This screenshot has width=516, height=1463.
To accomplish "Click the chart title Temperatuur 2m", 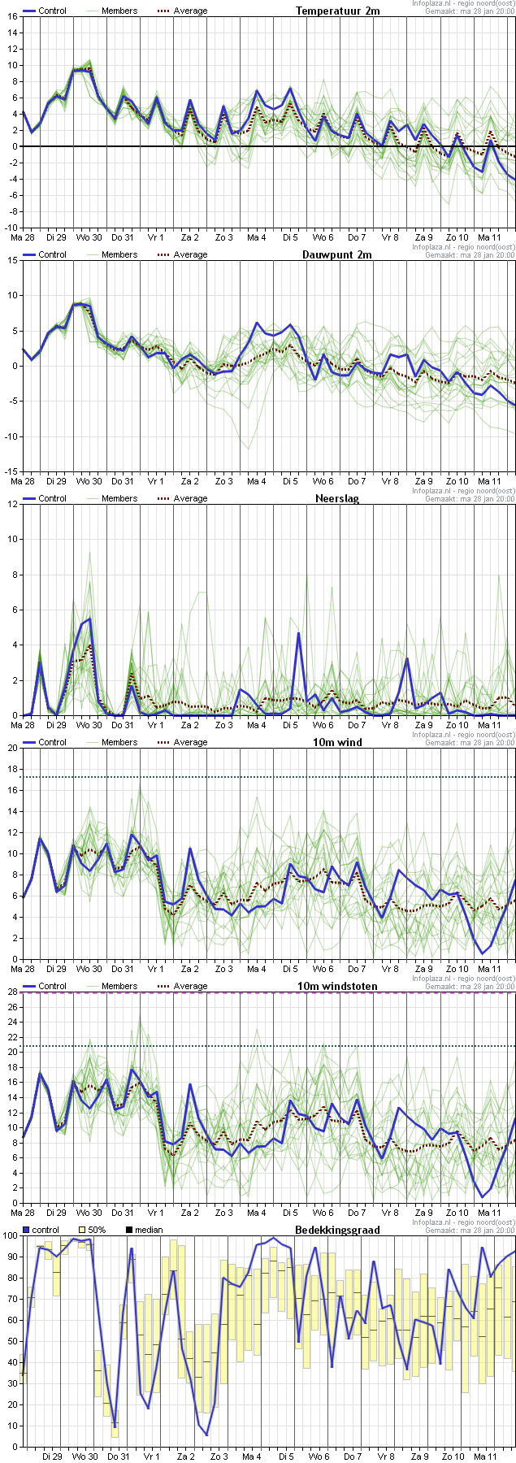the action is pyautogui.click(x=337, y=11).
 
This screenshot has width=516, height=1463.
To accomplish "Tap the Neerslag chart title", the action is pyautogui.click(x=337, y=498).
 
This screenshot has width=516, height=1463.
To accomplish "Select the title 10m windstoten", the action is pyautogui.click(x=345, y=986).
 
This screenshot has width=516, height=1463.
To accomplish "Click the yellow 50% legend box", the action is pyautogui.click(x=81, y=1230).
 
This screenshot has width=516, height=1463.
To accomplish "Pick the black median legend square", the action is pyautogui.click(x=129, y=1230).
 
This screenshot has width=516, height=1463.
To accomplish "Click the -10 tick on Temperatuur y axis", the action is pyautogui.click(x=10, y=228).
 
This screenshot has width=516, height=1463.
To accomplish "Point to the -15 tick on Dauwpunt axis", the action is pyautogui.click(x=10, y=471).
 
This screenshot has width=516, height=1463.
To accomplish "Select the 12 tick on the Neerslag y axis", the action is pyautogui.click(x=11, y=504).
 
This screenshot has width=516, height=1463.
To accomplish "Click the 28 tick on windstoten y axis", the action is pyautogui.click(x=11, y=992).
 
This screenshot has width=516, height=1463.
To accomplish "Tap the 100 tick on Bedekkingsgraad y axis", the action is pyautogui.click(x=9, y=1235).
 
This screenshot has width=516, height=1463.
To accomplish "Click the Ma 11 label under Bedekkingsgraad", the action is pyautogui.click(x=485, y=1456).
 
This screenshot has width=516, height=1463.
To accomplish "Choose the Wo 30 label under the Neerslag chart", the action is pyautogui.click(x=89, y=725).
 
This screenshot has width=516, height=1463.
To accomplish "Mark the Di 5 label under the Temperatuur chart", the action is pyautogui.click(x=290, y=237).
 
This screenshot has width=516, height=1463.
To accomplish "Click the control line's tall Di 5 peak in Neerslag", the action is pyautogui.click(x=298, y=632).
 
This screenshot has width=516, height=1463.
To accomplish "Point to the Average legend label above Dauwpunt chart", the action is pyautogui.click(x=191, y=254).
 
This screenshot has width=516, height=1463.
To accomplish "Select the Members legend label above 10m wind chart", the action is pyautogui.click(x=119, y=742).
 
